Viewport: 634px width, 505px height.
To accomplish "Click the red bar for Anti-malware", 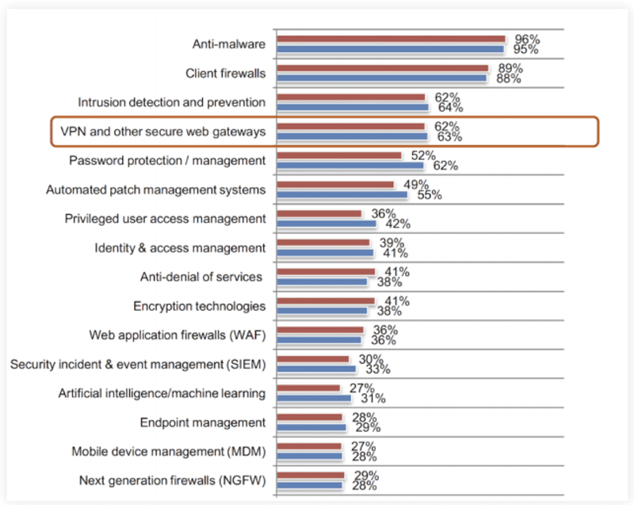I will pos(391,39).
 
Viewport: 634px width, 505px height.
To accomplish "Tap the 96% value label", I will pos(528,38).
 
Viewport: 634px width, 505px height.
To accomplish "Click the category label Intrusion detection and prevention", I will pos(171,102).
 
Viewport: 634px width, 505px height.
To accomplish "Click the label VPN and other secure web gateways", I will pos(158,131).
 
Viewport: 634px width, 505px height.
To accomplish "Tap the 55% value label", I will pos(430,195).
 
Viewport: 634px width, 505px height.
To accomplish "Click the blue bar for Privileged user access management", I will pos(326,224).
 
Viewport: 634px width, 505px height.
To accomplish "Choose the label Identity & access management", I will pos(180,248).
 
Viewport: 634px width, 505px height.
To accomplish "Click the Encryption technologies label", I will pos(199,306).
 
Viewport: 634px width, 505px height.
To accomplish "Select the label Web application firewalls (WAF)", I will pos(177,335).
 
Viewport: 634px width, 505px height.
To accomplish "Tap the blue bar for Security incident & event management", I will pos(315,369).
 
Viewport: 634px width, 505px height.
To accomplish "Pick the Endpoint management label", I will pos(203,423).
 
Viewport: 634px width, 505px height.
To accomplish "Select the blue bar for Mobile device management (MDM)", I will pos(309,456).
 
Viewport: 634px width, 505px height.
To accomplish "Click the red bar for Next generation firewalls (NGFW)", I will pos(310,476).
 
